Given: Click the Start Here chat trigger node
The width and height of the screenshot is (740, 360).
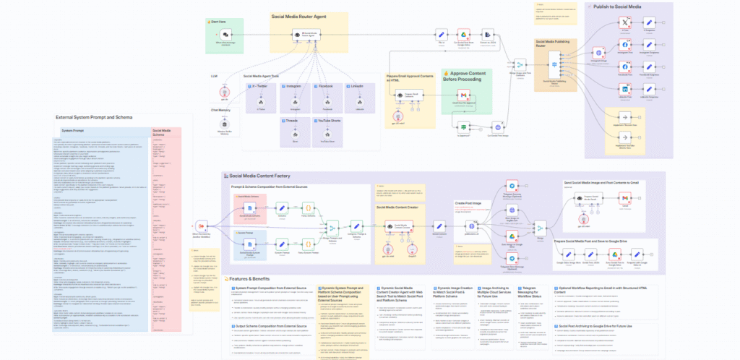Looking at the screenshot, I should (x=225, y=34).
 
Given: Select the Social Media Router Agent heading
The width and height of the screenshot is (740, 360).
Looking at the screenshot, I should (x=299, y=15).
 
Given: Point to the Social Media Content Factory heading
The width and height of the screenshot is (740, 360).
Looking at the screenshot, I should (x=269, y=176).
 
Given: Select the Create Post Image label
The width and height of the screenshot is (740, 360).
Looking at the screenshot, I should (x=470, y=204).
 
